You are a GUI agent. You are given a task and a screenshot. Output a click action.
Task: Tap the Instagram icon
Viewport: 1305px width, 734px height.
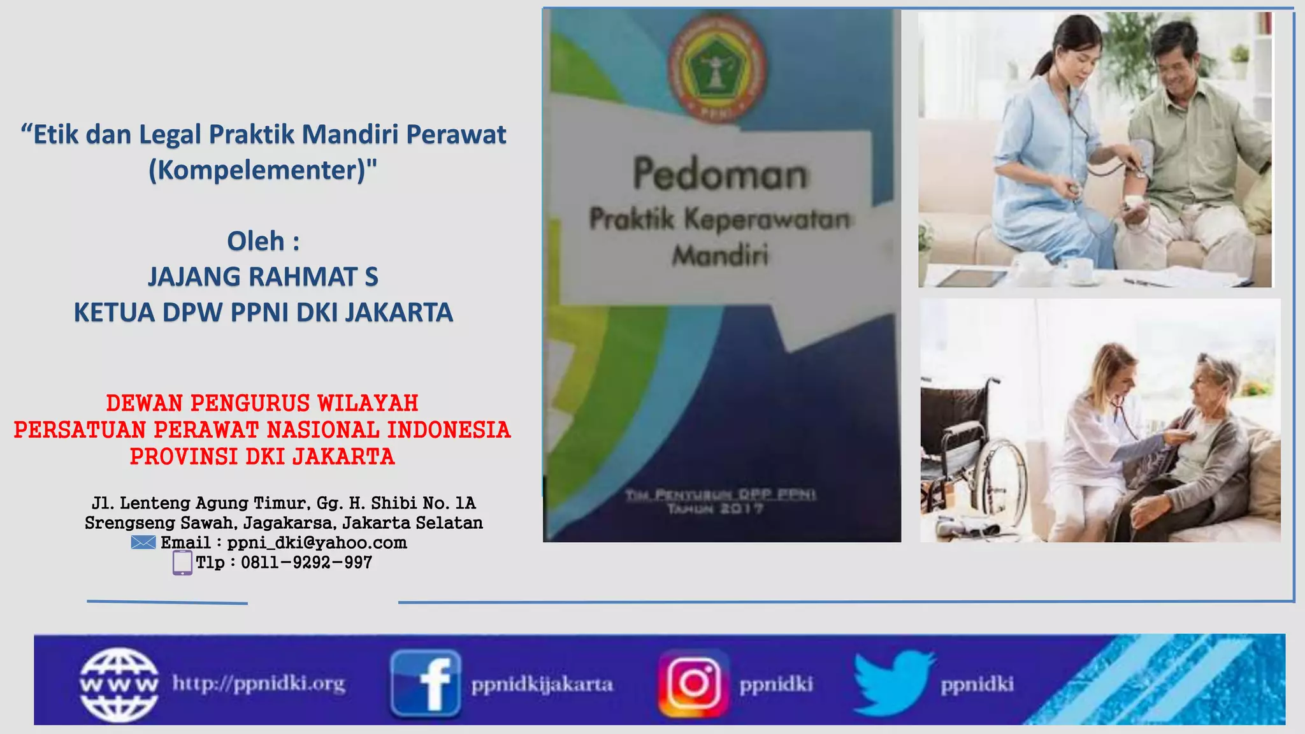click(693, 683)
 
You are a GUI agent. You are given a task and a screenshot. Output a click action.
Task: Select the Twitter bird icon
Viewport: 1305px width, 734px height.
click(892, 683)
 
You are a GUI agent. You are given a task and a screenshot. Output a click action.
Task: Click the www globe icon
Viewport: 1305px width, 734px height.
click(119, 684)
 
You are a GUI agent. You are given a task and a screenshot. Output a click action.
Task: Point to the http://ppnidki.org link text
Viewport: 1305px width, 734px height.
click(259, 684)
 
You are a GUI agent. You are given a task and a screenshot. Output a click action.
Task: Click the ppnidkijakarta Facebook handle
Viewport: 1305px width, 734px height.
click(542, 685)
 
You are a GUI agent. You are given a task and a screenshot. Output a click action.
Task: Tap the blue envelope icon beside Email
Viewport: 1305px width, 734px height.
click(143, 542)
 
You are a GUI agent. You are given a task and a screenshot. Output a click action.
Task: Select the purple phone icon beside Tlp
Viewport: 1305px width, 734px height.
click(182, 563)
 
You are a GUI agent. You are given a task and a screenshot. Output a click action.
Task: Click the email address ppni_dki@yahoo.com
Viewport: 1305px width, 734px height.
click(317, 542)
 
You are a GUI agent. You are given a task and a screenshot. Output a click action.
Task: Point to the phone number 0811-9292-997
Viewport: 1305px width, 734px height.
click(306, 563)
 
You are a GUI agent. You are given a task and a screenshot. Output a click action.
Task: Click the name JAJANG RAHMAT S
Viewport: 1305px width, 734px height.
click(263, 277)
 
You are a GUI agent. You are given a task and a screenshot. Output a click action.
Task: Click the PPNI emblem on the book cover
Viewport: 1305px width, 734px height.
click(717, 69)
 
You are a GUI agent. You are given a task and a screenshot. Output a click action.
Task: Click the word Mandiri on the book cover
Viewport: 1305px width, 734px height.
click(720, 256)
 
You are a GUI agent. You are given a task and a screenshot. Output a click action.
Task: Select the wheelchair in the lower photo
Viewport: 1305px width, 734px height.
click(975, 446)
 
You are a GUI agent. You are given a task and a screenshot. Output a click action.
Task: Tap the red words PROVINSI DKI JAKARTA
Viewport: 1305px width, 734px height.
click(263, 457)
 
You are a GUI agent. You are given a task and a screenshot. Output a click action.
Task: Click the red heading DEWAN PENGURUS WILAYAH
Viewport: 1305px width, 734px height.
click(263, 403)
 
